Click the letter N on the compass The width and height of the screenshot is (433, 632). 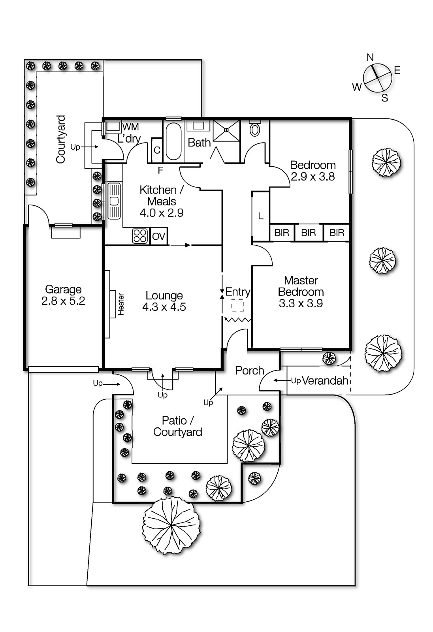pyautogui.click(x=370, y=58)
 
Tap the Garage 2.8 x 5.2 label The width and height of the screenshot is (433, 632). pyautogui.click(x=63, y=295)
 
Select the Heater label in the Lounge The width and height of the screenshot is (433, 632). pyautogui.click(x=121, y=304)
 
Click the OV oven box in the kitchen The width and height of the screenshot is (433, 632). pyautogui.click(x=158, y=236)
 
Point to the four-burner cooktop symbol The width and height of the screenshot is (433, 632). pyautogui.click(x=140, y=236)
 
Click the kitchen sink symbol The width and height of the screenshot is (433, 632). pyautogui.click(x=114, y=201)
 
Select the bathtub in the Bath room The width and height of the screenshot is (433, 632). pyautogui.click(x=173, y=141)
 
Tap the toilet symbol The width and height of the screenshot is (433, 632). pyautogui.click(x=255, y=129)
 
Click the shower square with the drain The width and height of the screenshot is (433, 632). pyautogui.click(x=226, y=130)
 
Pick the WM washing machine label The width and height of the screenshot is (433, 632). pyautogui.click(x=130, y=127)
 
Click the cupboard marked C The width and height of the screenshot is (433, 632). pyautogui.click(x=157, y=150)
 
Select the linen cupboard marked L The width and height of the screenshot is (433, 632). pyautogui.click(x=260, y=216)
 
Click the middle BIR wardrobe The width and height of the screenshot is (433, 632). pyautogui.click(x=308, y=233)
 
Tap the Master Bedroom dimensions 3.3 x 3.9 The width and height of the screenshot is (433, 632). pyautogui.click(x=301, y=303)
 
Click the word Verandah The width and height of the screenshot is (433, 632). pyautogui.click(x=325, y=380)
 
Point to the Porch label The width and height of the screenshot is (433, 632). pyautogui.click(x=249, y=371)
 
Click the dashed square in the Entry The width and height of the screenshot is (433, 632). pyautogui.click(x=238, y=305)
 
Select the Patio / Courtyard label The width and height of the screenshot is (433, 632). pyautogui.click(x=177, y=426)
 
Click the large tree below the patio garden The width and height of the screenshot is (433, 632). pyautogui.click(x=171, y=525)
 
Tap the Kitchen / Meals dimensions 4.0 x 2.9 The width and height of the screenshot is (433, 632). pyautogui.click(x=162, y=213)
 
